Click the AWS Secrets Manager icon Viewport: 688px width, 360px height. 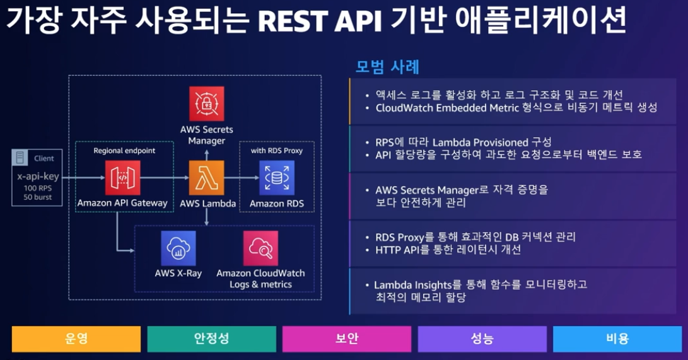(207, 103)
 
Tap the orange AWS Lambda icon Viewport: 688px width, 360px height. (207, 178)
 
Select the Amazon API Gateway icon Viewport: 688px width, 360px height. (122, 178)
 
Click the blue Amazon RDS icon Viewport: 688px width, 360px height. (276, 178)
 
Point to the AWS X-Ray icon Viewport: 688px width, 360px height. (178, 248)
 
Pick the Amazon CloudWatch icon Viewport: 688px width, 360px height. (260, 248)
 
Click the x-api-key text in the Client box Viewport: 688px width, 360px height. (38, 177)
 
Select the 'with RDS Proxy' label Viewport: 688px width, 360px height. (276, 151)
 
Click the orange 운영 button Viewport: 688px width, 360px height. (76, 339)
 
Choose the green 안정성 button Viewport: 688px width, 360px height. (211, 339)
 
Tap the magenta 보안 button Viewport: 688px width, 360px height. (347, 339)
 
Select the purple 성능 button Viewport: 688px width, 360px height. (482, 339)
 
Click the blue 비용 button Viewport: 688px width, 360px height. (617, 339)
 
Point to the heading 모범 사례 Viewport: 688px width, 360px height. (388, 67)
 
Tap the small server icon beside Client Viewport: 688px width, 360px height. (21, 158)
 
